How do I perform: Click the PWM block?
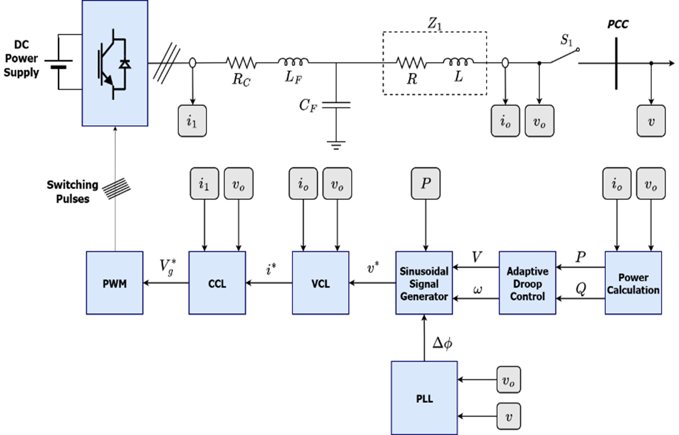pyautogui.click(x=115, y=282)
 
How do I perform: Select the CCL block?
pyautogui.click(x=217, y=282)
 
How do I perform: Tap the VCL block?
pyautogui.click(x=321, y=282)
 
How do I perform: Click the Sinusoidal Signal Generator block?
pyautogui.click(x=424, y=282)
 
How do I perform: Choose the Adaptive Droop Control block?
pyautogui.click(x=528, y=282)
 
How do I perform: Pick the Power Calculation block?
pyautogui.click(x=633, y=282)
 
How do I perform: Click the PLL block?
pyautogui.click(x=424, y=398)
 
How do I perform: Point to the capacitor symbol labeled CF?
pyautogui.click(x=336, y=105)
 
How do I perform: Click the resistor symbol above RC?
pyautogui.click(x=242, y=63)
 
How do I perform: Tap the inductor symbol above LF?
pyautogui.click(x=293, y=61)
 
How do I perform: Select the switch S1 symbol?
pyautogui.click(x=564, y=56)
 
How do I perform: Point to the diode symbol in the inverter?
pyautogui.click(x=125, y=64)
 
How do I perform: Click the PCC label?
pyautogui.click(x=618, y=24)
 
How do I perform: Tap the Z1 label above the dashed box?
pyautogui.click(x=434, y=24)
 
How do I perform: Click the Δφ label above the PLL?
pyautogui.click(x=442, y=343)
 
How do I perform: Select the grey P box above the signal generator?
pyautogui.click(x=425, y=183)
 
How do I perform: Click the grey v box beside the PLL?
pyautogui.click(x=509, y=416)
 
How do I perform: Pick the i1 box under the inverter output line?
pyautogui.click(x=192, y=121)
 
